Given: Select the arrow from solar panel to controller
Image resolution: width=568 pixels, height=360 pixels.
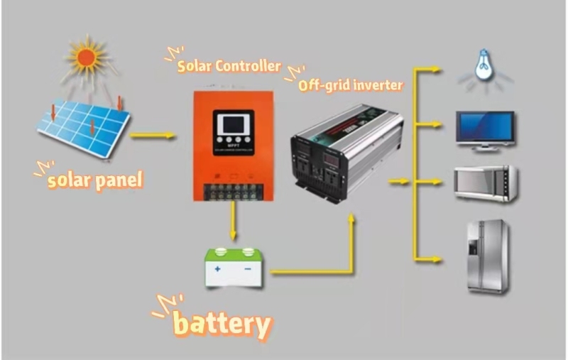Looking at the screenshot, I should click(153, 135).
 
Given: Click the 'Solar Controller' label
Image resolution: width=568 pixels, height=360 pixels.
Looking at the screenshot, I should click(229, 66).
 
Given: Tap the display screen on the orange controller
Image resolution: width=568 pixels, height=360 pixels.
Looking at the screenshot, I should click(233, 128).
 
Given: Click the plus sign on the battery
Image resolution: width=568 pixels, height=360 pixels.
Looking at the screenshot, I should click(218, 270).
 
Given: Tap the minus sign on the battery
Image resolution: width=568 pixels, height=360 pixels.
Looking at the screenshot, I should click(248, 270).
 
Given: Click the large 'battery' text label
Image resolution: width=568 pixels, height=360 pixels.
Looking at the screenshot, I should click(222, 324).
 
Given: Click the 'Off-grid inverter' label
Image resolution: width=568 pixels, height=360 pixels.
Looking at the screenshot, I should click(350, 85).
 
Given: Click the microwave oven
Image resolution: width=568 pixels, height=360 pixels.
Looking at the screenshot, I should click(486, 183).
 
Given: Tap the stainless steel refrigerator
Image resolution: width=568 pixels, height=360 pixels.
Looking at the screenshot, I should click(487, 256).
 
